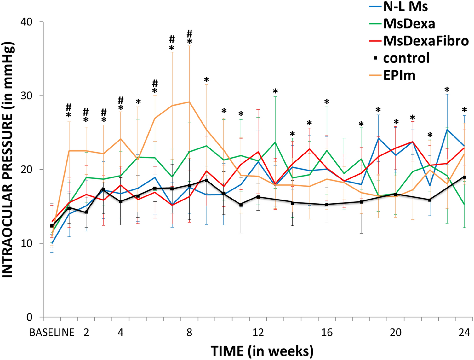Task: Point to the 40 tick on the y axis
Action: tap(26, 22)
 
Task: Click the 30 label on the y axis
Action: tap(26, 96)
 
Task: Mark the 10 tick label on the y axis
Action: tap(26, 243)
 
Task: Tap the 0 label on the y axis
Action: tap(30, 317)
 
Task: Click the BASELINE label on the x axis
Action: tap(52, 333)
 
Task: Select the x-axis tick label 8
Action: tap(189, 333)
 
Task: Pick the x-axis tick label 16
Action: tap(327, 333)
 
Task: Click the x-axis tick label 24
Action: tap(464, 333)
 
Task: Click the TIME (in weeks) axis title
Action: tap(262, 351)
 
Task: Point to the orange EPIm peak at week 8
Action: tap(189, 102)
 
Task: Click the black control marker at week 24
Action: tap(464, 177)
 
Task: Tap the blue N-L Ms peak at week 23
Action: tap(447, 129)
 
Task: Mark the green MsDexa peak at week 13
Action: tap(275, 142)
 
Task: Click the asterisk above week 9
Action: tap(207, 80)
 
